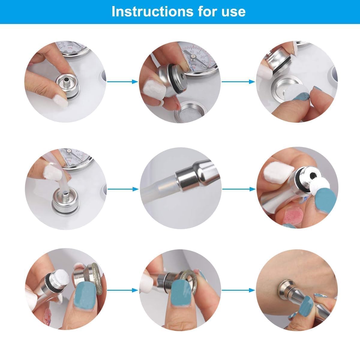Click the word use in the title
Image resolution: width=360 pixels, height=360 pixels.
(234, 11)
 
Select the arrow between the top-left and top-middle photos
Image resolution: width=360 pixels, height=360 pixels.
(122, 81)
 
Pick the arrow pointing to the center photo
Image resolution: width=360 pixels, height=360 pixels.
(122, 189)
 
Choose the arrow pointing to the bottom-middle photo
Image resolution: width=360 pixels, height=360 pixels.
(122, 290)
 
